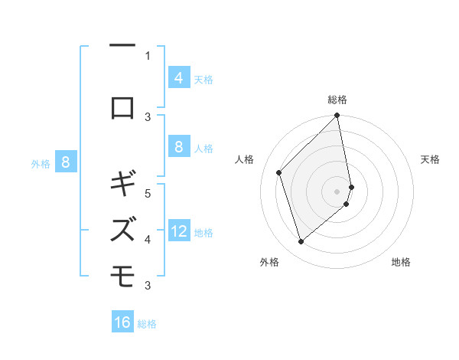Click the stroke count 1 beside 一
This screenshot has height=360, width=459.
[148, 55]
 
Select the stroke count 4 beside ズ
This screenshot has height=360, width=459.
[148, 239]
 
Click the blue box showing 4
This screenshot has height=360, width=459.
[178, 77]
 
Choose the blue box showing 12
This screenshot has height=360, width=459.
[178, 231]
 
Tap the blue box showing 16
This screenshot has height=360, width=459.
[122, 322]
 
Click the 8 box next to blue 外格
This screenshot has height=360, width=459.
[66, 162]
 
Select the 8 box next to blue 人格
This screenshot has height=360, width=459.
[178, 146]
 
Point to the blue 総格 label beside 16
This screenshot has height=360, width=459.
[147, 324]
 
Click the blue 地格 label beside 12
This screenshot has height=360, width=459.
[203, 232]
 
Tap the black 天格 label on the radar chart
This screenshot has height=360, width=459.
[431, 159]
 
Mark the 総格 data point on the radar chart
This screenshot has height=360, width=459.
[337, 116]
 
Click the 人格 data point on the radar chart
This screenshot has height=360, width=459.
[279, 172]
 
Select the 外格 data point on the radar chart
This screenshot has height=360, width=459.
[301, 241]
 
